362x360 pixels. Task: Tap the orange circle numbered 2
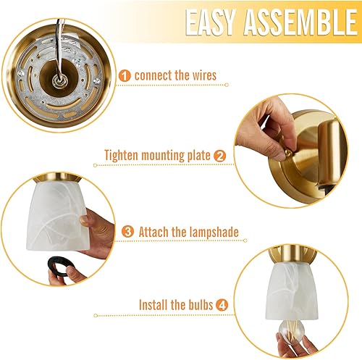[220, 155]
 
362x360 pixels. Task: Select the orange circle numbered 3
[128, 231]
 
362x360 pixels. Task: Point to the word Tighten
[123, 155]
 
